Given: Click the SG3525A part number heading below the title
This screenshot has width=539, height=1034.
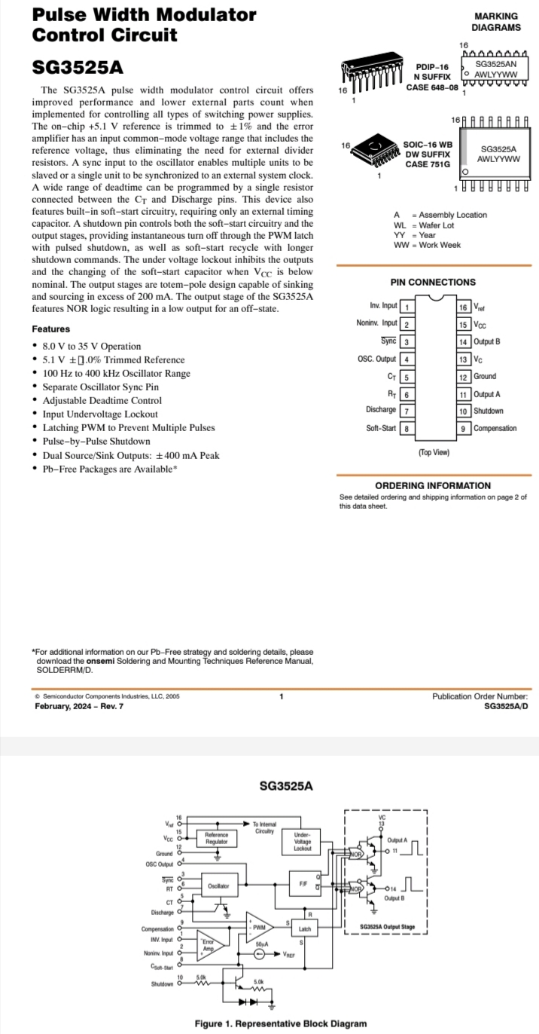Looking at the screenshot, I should [x=78, y=67].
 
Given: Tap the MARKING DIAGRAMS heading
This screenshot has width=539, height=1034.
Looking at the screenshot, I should [x=496, y=22].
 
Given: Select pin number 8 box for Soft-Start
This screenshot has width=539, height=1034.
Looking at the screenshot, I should [x=407, y=428].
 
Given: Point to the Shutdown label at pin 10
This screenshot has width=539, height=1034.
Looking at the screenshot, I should [x=489, y=411].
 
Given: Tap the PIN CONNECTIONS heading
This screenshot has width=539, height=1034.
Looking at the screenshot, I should [x=433, y=282].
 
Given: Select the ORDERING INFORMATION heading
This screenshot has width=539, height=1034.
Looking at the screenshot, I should [x=433, y=485].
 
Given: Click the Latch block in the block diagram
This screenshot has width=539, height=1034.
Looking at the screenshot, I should [x=305, y=929].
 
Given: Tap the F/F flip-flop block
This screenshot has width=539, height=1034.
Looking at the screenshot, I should [x=302, y=883].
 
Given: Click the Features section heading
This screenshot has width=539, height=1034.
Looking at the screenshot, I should [x=50, y=329].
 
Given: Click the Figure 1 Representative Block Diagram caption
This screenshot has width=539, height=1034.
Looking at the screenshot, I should [x=281, y=1023].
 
